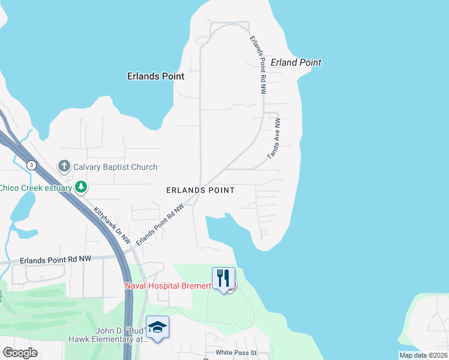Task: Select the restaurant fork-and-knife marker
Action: (223, 278)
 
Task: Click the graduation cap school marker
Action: (157, 327)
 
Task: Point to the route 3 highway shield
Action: (31, 164)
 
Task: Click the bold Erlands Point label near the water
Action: (155, 76)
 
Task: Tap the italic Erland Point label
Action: (296, 62)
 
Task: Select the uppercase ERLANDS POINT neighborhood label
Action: (200, 190)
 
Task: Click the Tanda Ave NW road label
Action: (274, 138)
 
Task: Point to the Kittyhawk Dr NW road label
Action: (112, 225)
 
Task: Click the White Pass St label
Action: (237, 353)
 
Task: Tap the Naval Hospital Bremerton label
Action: (168, 286)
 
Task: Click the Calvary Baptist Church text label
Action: (115, 167)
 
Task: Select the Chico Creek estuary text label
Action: (35, 188)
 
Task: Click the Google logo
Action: (20, 353)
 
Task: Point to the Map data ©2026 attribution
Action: (423, 355)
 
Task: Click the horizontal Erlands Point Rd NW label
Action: (55, 260)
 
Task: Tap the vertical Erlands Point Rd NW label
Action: (257, 65)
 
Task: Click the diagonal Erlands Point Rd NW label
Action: (159, 225)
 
